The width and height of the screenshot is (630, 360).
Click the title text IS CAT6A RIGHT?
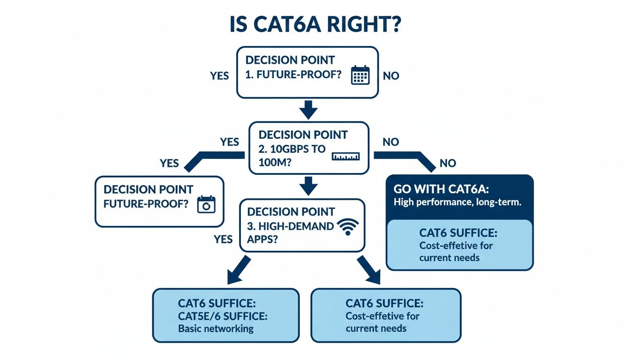click(315, 24)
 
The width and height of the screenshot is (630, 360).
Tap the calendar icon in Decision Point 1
click(360, 75)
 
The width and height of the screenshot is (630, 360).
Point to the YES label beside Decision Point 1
click(219, 75)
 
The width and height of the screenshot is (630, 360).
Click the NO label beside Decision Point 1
click(391, 75)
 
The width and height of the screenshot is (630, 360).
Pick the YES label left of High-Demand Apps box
click(223, 239)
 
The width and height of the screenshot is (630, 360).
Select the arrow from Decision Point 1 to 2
click(308, 109)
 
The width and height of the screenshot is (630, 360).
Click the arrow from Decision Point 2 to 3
click(308, 186)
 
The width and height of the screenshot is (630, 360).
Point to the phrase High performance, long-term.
click(457, 203)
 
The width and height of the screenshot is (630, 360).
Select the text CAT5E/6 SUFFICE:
click(223, 316)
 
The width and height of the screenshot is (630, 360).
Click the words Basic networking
click(216, 328)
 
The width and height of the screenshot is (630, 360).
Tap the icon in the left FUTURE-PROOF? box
click(206, 205)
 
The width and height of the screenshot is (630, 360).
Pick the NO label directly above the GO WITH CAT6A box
click(448, 163)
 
